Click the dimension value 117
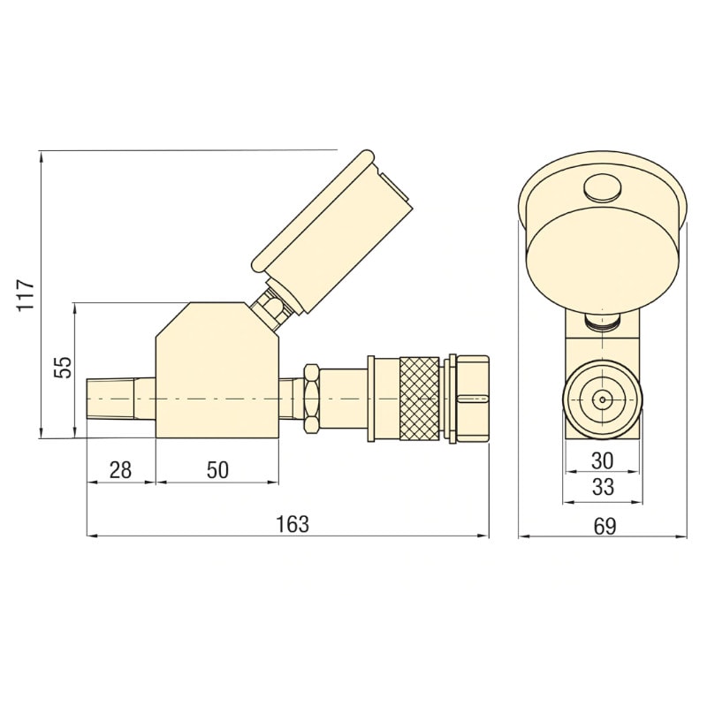(x=26, y=294)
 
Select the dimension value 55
(x=63, y=368)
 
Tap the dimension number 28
(x=120, y=470)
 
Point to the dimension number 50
(x=217, y=470)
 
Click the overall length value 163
(x=293, y=524)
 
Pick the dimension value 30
(x=602, y=460)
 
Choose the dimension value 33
(x=602, y=487)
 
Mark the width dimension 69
(x=604, y=526)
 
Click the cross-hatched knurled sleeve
(x=419, y=399)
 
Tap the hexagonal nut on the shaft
(x=310, y=399)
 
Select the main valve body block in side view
(x=217, y=376)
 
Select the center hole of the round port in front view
(x=603, y=399)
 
